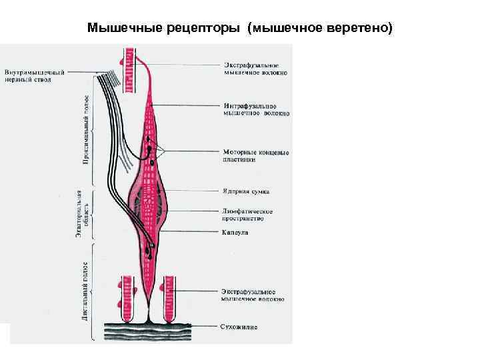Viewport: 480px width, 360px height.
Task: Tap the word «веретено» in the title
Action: click(360, 29)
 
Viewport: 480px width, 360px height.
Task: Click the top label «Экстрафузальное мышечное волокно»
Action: click(255, 69)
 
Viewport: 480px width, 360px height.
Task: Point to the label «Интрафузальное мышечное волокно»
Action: click(255, 109)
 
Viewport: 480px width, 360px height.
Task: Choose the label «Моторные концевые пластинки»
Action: click(255, 156)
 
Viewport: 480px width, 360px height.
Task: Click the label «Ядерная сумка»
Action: click(245, 191)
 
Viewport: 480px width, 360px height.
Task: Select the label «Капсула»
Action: click(234, 233)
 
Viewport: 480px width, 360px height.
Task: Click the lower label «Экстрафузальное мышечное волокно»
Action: click(255, 295)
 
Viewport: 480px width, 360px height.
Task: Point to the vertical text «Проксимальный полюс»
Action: click(86, 131)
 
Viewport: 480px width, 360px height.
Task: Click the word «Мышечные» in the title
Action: click(117, 29)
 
